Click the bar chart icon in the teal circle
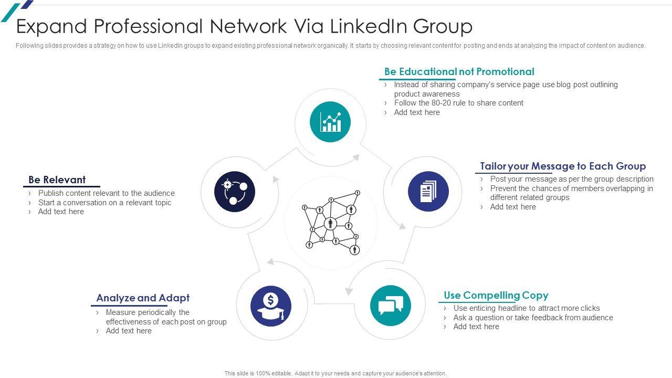point(330,122)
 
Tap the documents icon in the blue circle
point(428,192)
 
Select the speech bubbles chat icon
point(391,306)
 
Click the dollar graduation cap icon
point(271,306)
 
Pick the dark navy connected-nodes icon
point(234,192)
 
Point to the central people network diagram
point(331,223)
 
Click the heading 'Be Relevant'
point(57,180)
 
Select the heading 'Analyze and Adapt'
point(143,298)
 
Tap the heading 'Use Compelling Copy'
point(496,295)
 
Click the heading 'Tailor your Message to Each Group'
point(563,166)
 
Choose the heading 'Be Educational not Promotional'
point(459,71)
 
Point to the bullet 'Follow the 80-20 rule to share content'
point(458,103)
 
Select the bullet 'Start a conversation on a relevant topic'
point(104,203)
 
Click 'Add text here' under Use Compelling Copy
point(476,327)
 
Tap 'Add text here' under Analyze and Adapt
point(129,331)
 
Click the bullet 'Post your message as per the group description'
point(572,179)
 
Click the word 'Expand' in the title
point(50,26)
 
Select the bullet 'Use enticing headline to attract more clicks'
point(527,308)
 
